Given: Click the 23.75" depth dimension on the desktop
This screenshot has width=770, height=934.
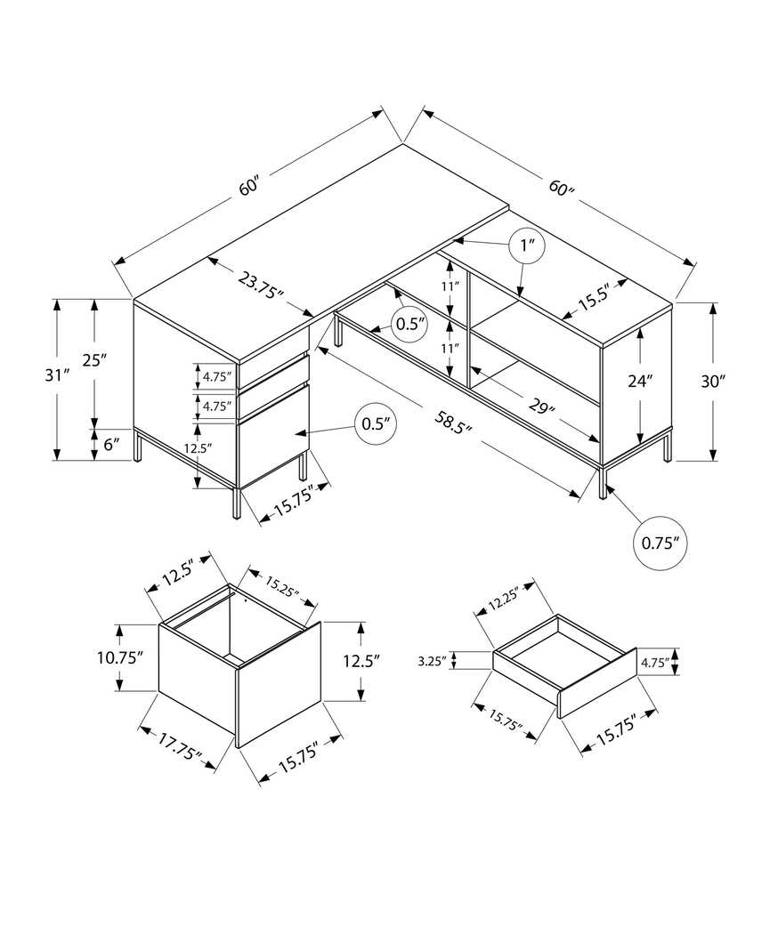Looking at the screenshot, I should click(x=260, y=286).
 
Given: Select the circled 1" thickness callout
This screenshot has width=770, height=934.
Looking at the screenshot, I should click(x=526, y=246).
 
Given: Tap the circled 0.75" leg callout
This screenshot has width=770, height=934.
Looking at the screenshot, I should click(x=661, y=541).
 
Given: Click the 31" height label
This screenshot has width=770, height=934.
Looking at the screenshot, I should click(x=32, y=374).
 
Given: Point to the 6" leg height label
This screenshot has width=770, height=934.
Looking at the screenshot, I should click(x=109, y=444).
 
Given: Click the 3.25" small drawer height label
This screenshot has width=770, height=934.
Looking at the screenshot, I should click(x=432, y=661).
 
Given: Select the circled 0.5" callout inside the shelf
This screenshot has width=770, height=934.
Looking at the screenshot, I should click(x=410, y=324).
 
